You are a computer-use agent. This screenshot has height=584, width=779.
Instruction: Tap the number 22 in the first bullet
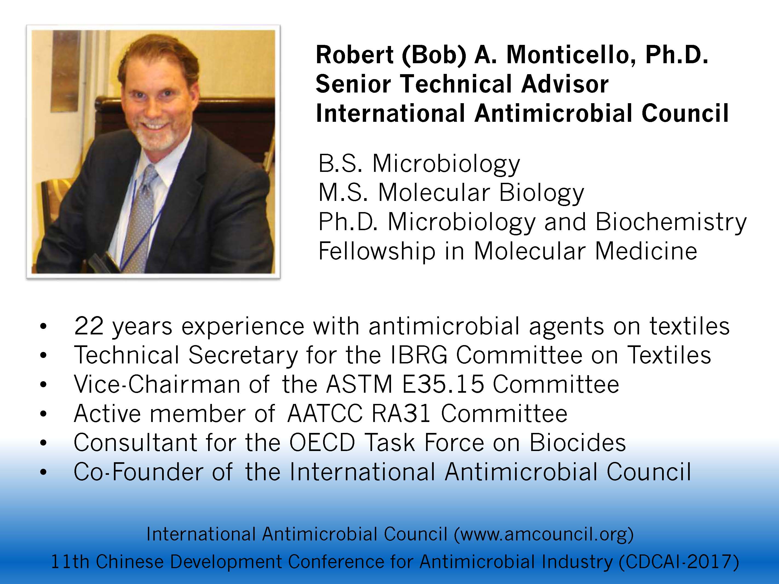(88, 326)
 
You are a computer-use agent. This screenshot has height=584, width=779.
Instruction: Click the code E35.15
(443, 384)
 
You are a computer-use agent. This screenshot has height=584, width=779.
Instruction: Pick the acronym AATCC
(325, 414)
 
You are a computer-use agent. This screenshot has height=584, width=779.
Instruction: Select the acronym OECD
(322, 443)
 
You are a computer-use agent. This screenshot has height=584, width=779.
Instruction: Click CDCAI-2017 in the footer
(678, 562)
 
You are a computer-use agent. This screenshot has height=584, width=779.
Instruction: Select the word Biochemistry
(671, 222)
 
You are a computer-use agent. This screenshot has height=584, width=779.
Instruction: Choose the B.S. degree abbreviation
(340, 164)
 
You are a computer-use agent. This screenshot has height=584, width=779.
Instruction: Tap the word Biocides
(577, 443)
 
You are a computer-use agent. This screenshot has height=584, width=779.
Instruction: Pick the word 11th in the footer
(70, 562)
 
